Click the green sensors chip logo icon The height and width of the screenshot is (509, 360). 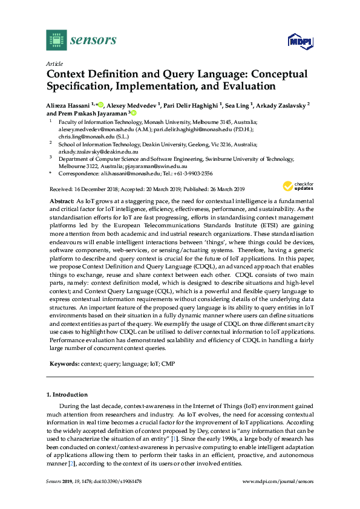coord(56,40)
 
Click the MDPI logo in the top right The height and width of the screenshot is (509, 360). coord(299,41)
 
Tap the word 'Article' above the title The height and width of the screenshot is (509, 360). coord(54,63)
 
